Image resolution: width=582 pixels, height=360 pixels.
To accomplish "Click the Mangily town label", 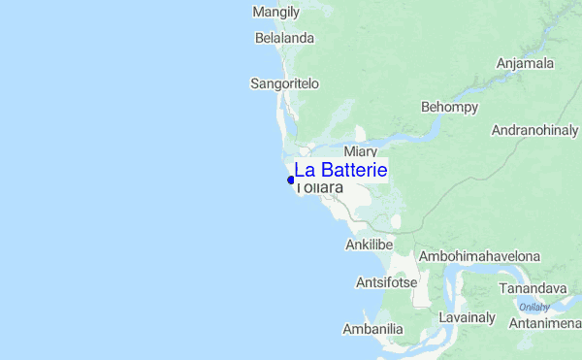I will (x=275, y=13).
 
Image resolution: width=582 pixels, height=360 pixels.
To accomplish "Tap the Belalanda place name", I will (x=285, y=39).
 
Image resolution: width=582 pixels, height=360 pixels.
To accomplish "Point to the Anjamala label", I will (x=525, y=64).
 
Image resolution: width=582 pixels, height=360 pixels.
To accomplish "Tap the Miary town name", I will (x=360, y=152).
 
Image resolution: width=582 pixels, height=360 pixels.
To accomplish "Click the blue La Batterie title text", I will (x=340, y=170).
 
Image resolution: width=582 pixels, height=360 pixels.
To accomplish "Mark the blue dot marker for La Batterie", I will (x=291, y=180).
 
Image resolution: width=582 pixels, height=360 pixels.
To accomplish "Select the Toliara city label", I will (x=320, y=187).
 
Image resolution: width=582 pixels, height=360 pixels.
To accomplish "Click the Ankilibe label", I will (x=369, y=245).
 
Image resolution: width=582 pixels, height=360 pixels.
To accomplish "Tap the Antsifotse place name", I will (x=386, y=283).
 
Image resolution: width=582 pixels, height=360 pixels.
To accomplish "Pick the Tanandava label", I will (x=532, y=289).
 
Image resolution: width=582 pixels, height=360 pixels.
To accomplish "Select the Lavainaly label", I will (x=468, y=318).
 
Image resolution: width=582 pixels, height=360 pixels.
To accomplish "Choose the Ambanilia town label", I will (x=373, y=329).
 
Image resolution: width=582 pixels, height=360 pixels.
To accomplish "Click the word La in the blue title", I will (x=304, y=170).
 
